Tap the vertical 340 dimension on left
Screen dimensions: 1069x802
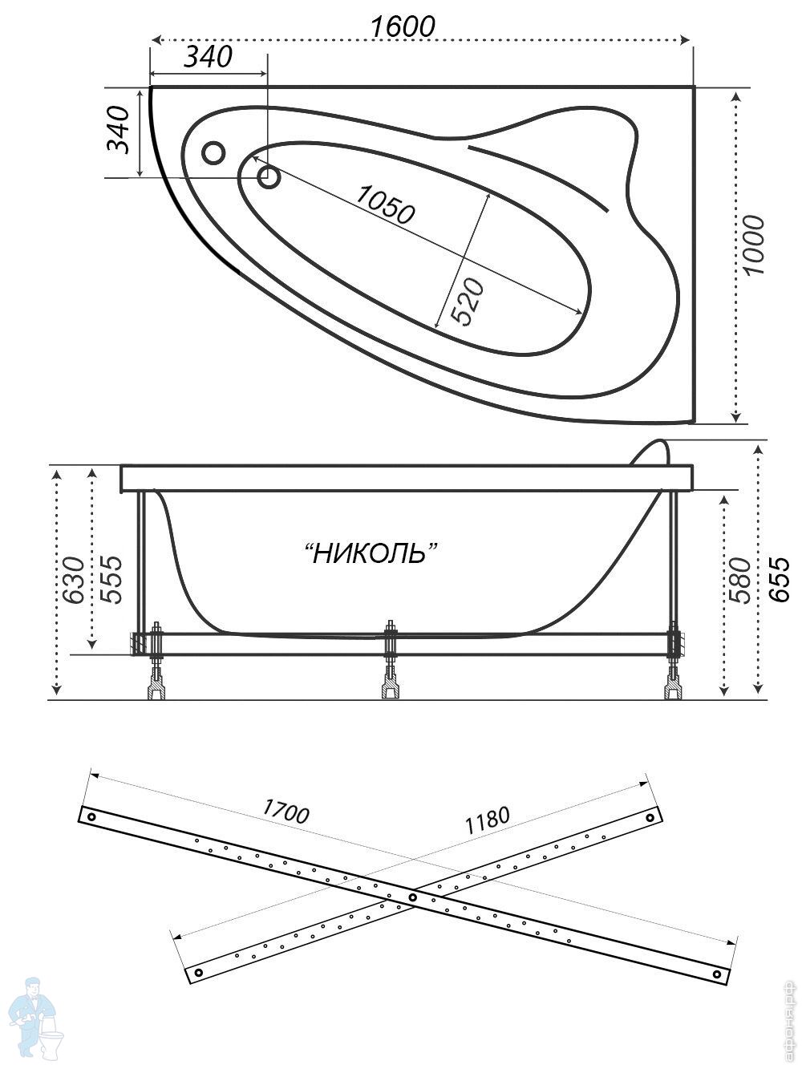pos(118,129)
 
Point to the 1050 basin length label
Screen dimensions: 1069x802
pos(386,204)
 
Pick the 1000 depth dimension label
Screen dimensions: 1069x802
pos(755,245)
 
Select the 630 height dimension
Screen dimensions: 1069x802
pos(73,579)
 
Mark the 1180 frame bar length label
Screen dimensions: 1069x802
pos(486,819)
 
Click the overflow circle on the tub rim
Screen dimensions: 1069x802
pos(213,152)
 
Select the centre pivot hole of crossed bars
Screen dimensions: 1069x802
pos(412,897)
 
